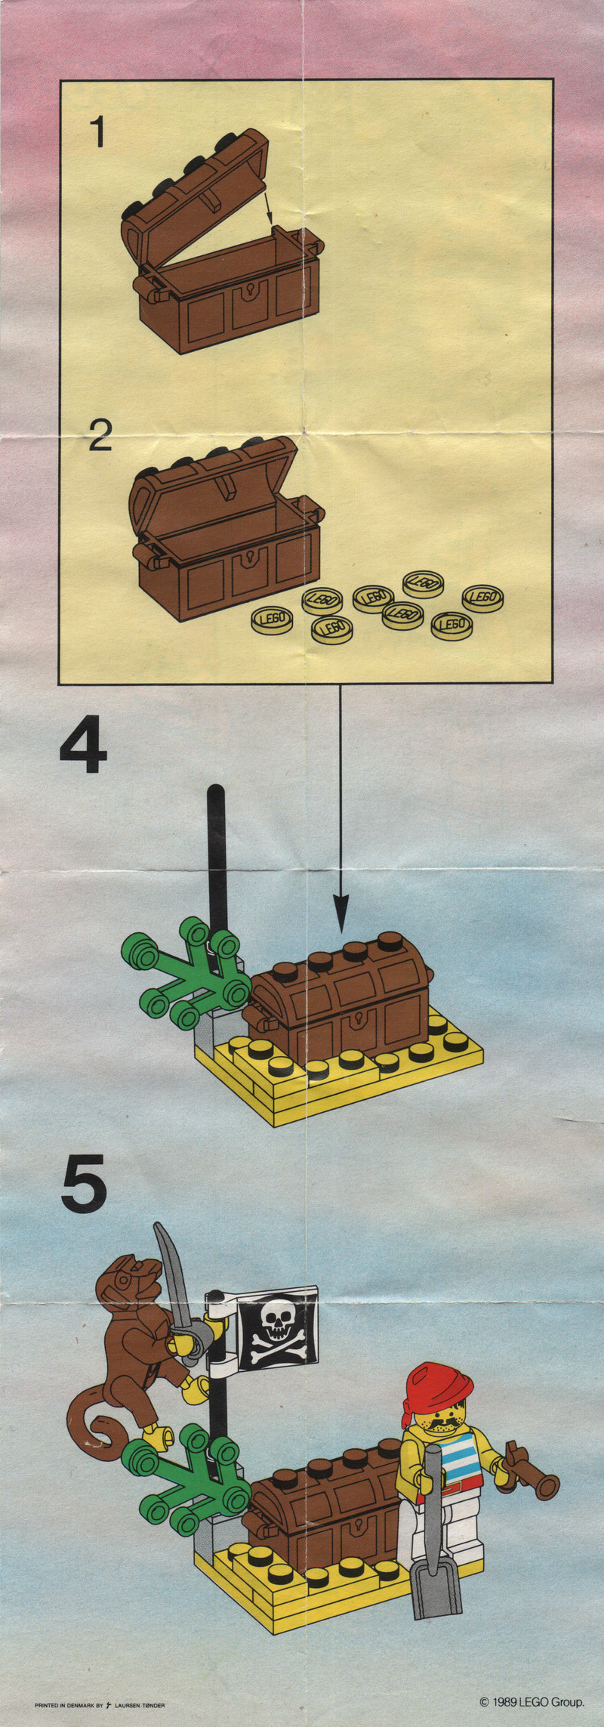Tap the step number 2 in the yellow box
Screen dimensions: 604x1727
(x=100, y=436)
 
